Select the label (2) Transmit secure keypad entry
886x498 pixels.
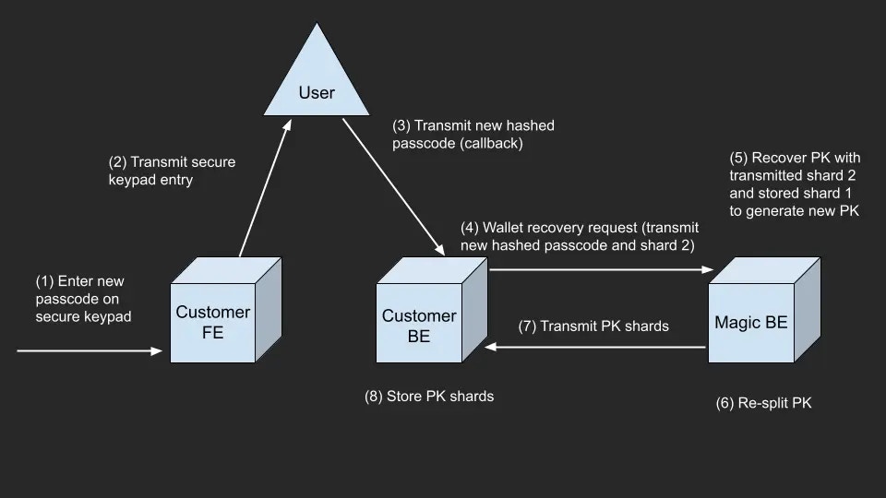172,172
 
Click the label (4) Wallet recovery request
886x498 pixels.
580,236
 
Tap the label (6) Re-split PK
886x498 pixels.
763,403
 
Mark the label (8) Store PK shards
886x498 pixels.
429,396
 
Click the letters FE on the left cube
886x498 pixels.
213,333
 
